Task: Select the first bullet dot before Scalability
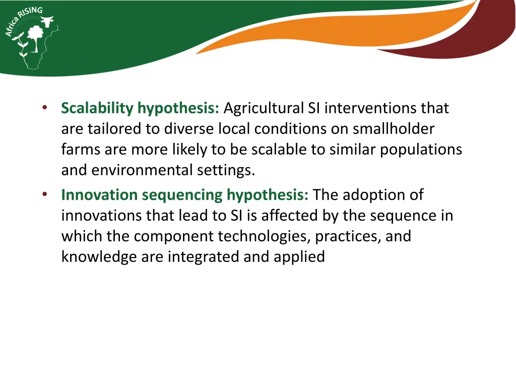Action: tap(44, 107)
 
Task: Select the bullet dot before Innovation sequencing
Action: tap(44, 194)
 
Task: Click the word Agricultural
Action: tap(264, 108)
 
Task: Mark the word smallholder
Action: tap(393, 129)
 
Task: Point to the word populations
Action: tap(421, 150)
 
